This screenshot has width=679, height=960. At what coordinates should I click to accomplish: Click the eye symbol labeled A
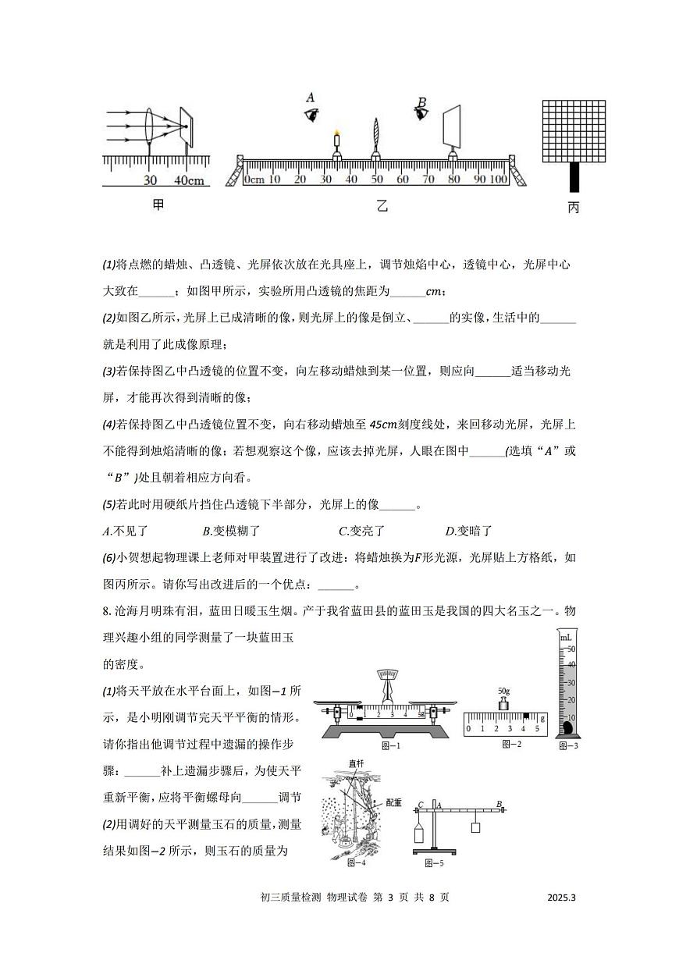[312, 115]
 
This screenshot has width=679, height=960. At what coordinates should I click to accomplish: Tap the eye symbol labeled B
[422, 114]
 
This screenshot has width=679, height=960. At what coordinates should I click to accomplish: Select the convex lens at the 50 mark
[376, 133]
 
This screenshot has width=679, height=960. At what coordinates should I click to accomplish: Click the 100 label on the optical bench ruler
[498, 180]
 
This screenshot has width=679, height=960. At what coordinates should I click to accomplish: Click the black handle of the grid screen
[574, 177]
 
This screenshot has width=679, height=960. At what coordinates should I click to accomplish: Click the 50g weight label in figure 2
[503, 691]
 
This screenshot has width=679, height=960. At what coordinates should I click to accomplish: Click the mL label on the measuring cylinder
[566, 638]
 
